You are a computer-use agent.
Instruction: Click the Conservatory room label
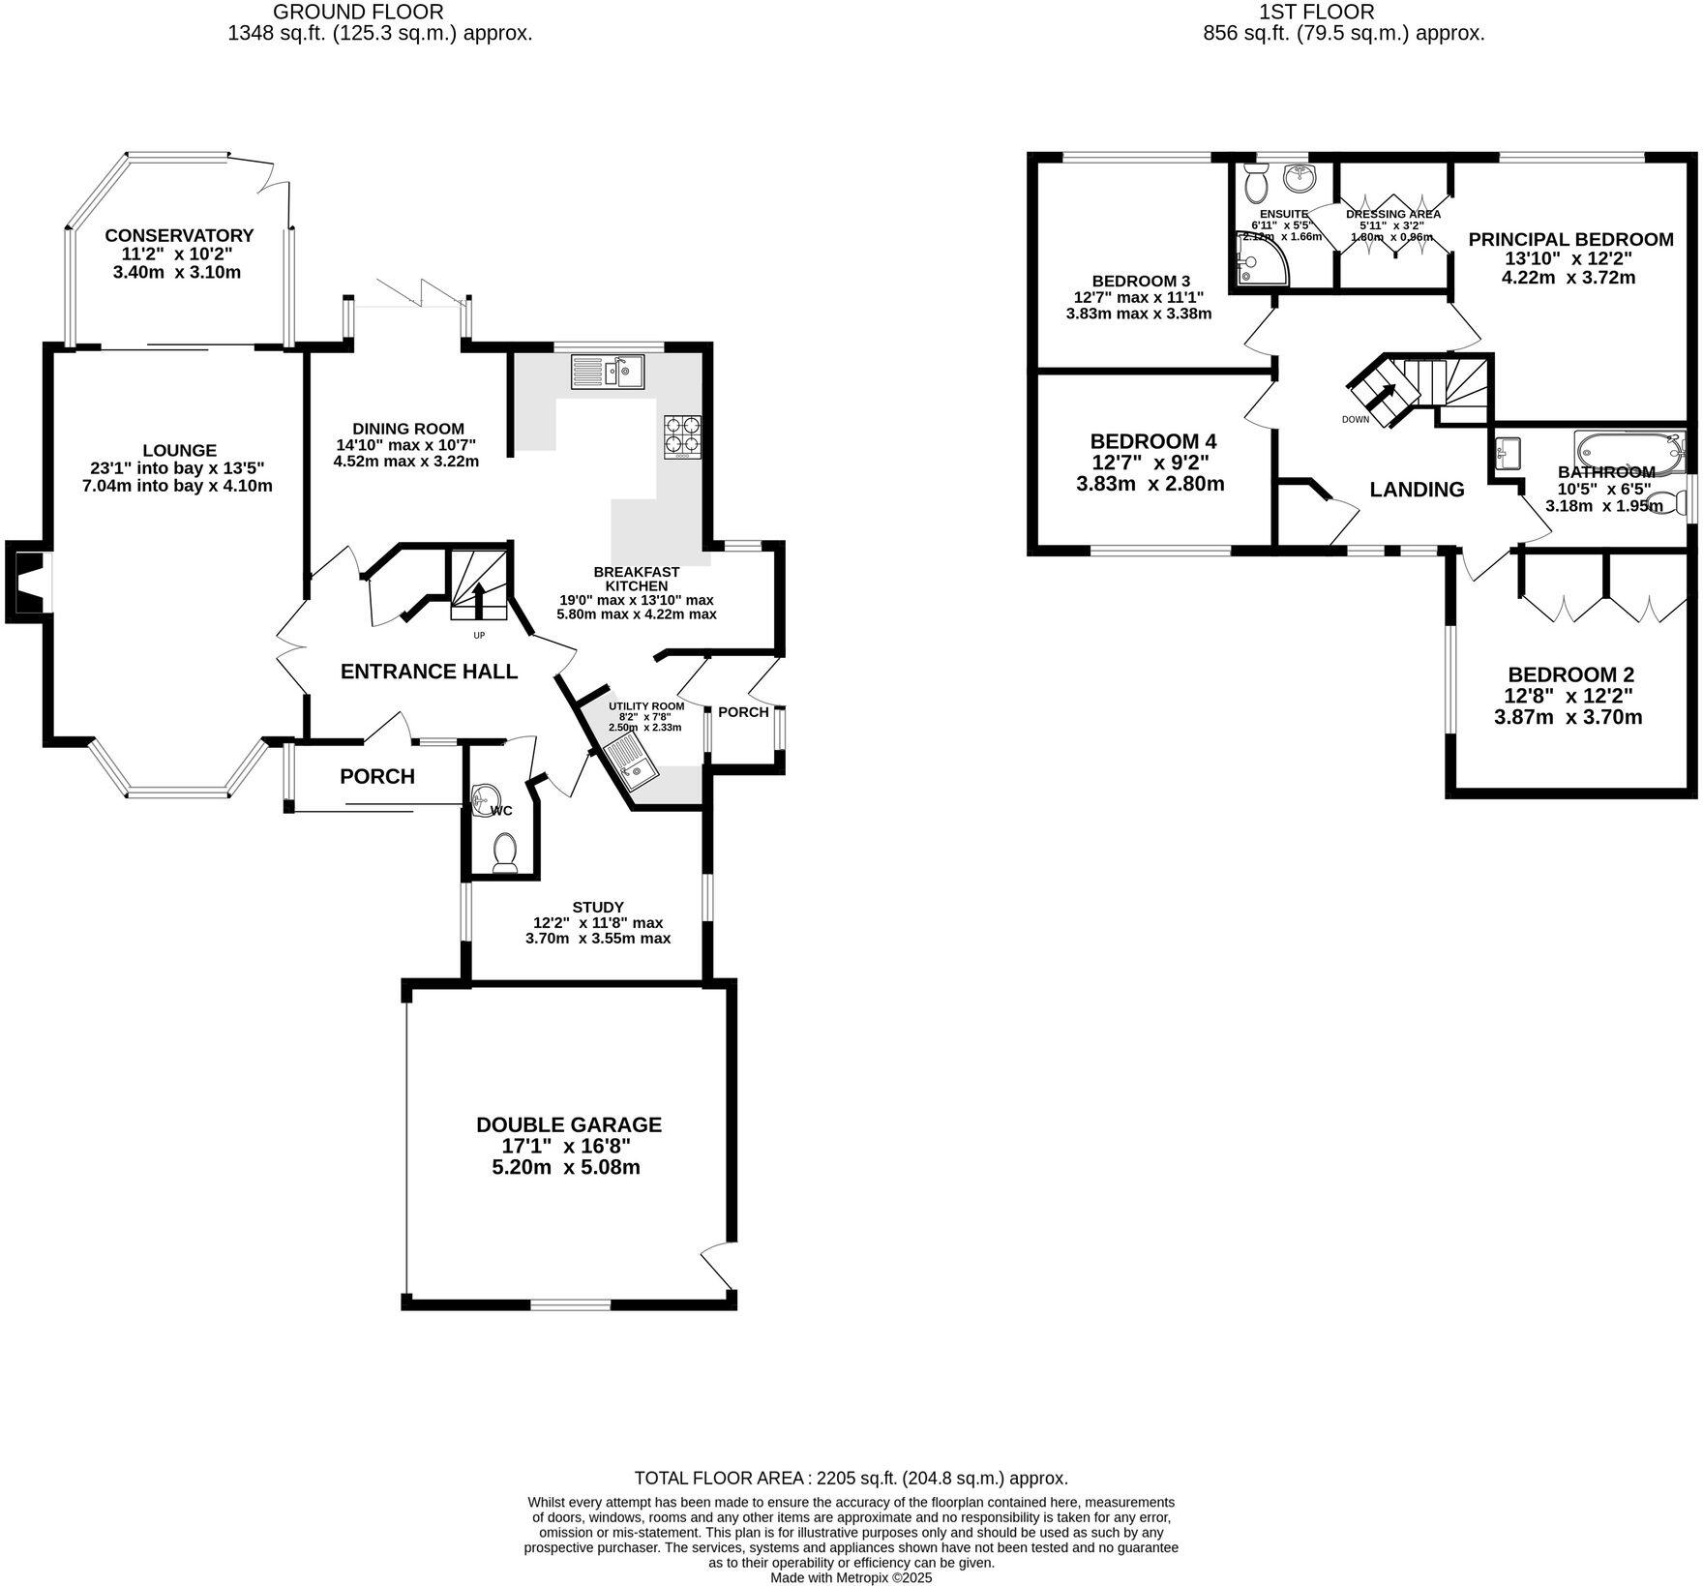coord(179,235)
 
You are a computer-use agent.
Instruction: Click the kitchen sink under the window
coord(608,372)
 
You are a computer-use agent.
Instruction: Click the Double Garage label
coord(569,1124)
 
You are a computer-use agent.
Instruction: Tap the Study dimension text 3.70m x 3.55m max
coord(598,939)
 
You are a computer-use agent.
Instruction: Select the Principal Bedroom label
coord(1570,239)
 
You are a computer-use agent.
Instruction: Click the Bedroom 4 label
coord(1152,440)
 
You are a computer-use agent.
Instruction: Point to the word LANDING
coord(1417,490)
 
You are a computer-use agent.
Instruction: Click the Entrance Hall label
coord(429,672)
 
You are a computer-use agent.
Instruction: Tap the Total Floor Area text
coord(851,1478)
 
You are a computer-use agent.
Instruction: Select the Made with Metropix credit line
coord(851,1577)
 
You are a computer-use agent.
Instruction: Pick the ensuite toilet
coord(1257,183)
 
